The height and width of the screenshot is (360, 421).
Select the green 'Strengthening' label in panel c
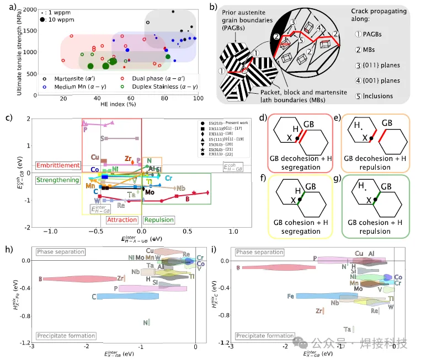57,180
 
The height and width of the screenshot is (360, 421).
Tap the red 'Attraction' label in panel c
121,220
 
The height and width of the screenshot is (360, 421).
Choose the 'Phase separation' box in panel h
61,252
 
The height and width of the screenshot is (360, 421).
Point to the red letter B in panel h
40,279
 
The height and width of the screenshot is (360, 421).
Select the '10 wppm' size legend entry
57,19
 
